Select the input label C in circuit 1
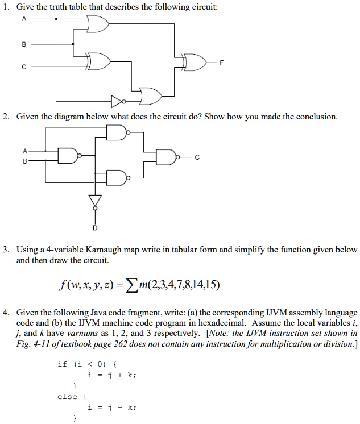pos(23,66)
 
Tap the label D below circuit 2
pos(96,228)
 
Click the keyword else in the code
pos(67,396)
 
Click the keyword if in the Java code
pos(62,364)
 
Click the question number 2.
pos(5,117)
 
